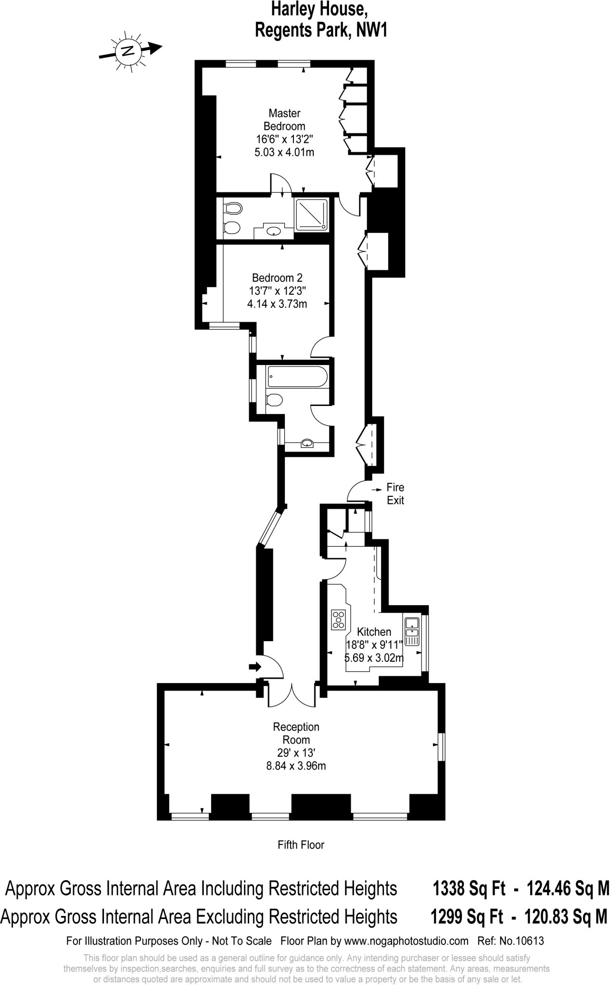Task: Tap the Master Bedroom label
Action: click(284, 120)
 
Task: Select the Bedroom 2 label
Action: click(277, 278)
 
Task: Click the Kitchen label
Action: click(374, 632)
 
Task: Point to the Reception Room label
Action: click(296, 733)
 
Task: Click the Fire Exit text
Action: click(395, 494)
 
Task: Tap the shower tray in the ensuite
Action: click(312, 214)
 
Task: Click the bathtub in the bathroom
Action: click(297, 376)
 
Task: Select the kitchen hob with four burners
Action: click(339, 619)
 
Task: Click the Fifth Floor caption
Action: click(301, 845)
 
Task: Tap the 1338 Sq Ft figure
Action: click(469, 888)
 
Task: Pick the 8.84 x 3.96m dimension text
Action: click(296, 766)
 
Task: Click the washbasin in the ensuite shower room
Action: click(274, 231)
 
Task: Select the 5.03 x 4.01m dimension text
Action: click(284, 152)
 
